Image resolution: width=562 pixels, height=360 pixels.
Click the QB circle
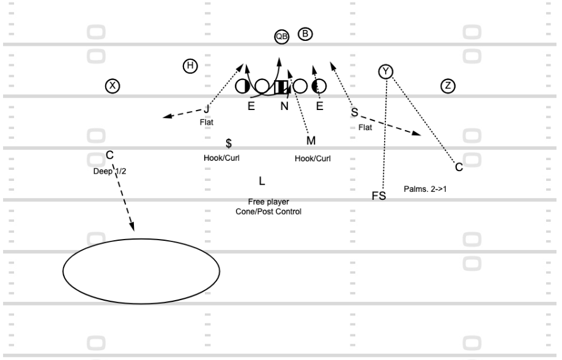pos(282,37)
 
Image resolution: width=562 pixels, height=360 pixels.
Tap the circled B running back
pos(305,34)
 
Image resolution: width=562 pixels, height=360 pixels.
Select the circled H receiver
pos(190,66)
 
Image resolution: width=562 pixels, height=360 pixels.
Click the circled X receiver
pos(113,86)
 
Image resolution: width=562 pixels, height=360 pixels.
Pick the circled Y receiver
pos(386,72)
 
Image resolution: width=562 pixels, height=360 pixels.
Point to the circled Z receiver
pos(448,86)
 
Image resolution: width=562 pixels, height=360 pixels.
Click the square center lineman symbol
pos(281,87)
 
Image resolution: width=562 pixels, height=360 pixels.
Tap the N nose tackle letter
pos(284,106)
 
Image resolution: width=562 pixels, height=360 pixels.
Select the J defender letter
pos(207,109)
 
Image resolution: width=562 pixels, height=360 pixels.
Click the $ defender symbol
pos(229,143)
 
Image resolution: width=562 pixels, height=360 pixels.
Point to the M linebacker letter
pos(311,141)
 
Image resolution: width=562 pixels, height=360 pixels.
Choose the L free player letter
pos(262,182)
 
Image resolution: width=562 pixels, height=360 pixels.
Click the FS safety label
pos(379,196)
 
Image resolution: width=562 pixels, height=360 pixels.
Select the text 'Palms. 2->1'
pos(425,189)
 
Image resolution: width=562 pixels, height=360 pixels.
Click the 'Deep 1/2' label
pos(109,171)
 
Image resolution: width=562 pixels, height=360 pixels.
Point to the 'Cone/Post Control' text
pos(268,211)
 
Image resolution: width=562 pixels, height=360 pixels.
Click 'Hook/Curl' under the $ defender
pos(221,158)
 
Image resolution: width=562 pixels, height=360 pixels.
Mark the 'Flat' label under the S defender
pos(365,128)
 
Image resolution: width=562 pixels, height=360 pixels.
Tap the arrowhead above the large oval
pos(132,226)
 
